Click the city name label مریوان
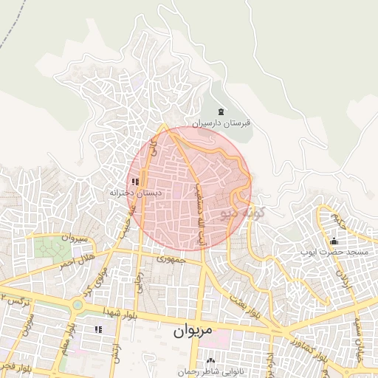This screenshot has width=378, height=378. point(193,331)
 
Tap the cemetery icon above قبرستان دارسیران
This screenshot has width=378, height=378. point(221,111)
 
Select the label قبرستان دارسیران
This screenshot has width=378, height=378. point(221,123)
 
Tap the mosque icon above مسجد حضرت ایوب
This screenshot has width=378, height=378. point(334,241)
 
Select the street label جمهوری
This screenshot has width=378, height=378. point(171,260)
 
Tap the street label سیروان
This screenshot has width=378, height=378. point(75,238)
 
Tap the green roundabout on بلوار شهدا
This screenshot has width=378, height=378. point(77,304)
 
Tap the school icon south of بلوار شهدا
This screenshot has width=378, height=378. point(98,329)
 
